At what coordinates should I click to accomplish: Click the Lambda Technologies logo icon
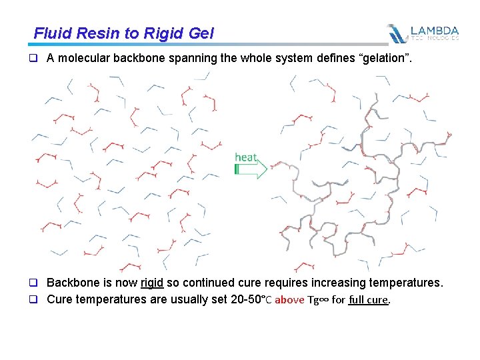click(x=397, y=33)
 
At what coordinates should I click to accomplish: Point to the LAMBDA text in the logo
click(x=435, y=31)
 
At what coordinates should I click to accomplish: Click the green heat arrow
click(x=251, y=169)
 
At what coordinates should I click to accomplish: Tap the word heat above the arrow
click(x=245, y=157)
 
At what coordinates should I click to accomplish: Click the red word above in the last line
click(x=289, y=300)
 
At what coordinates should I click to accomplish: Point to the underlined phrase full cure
click(x=368, y=300)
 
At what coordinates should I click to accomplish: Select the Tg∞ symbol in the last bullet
click(x=317, y=300)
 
